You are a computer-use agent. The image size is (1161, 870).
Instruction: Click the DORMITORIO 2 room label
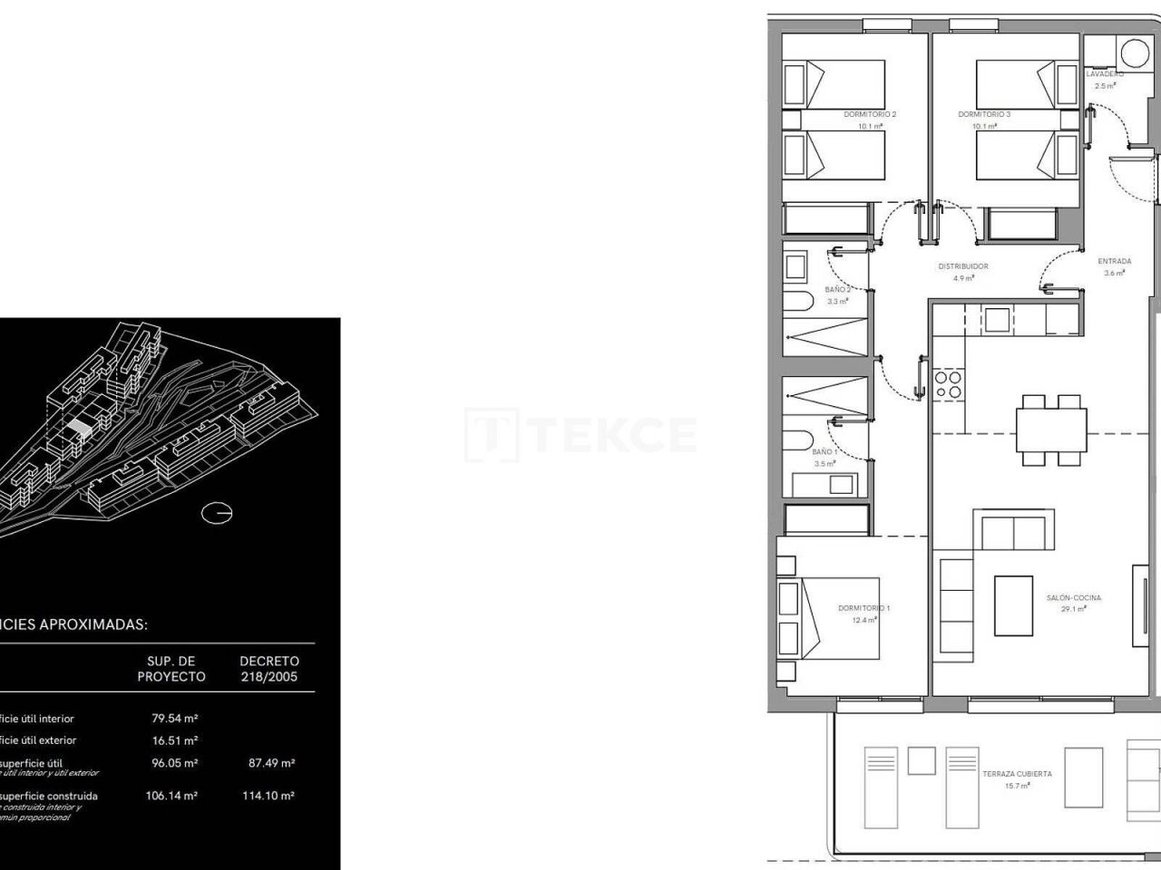[870, 114]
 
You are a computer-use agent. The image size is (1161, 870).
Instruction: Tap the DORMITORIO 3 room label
[984, 114]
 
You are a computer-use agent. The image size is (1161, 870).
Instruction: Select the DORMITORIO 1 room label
[863, 608]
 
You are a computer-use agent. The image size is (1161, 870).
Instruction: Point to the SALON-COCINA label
[1074, 598]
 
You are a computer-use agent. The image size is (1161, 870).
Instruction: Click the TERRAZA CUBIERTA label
[1017, 774]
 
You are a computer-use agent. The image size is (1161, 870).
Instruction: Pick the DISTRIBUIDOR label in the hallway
[962, 266]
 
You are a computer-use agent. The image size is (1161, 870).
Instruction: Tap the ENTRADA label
[1114, 261]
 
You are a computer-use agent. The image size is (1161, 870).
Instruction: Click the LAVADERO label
[1105, 73]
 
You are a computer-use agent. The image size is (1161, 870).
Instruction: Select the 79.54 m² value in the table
[174, 719]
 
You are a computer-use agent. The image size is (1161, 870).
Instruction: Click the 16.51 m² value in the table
[174, 740]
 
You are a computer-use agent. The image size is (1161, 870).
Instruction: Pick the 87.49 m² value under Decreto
[271, 763]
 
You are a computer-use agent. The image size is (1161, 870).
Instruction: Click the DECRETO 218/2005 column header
[269, 669]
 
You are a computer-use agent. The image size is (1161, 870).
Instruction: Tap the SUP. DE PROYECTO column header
[171, 669]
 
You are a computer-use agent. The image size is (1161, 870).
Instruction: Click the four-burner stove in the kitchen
[948, 384]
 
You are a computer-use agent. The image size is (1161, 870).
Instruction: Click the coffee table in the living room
[1013, 605]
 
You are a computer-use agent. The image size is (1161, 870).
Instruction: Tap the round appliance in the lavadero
[1133, 53]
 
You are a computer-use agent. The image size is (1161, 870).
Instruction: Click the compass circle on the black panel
[217, 513]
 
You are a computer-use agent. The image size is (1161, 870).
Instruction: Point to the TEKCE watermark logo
[580, 435]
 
